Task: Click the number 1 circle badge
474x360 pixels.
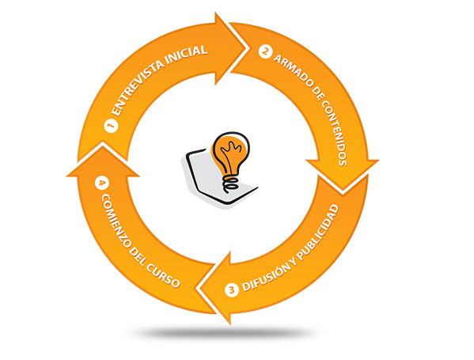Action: point(112,126)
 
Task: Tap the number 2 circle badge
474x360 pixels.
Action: point(265,51)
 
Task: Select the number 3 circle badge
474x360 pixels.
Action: point(232,290)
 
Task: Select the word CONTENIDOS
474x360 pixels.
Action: point(335,133)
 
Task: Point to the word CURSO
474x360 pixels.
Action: point(163,275)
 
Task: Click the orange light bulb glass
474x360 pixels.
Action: point(231,153)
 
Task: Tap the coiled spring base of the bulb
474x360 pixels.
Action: point(230,184)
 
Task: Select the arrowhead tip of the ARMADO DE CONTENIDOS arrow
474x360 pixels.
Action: point(343,191)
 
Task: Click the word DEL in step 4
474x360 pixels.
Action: point(137,257)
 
